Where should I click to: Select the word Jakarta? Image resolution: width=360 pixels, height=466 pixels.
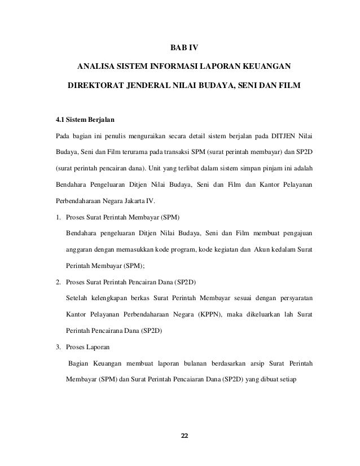click(143, 201)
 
